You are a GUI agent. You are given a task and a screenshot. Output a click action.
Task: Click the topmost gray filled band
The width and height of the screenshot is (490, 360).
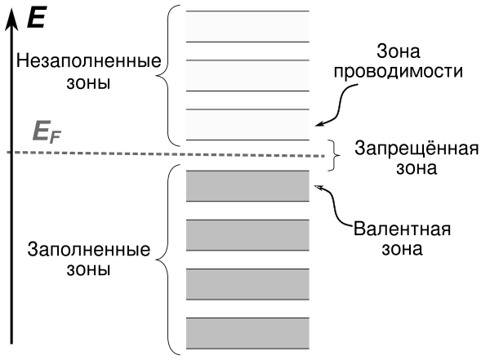coord(248,185)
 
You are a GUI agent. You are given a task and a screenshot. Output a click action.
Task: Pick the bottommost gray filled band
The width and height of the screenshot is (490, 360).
coord(248,332)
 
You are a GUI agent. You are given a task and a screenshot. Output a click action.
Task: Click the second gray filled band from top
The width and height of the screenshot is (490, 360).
coord(248,235)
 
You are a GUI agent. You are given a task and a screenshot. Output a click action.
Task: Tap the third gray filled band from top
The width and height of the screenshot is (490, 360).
coord(248,283)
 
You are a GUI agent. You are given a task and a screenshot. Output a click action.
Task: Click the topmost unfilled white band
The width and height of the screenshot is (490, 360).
coord(248,25)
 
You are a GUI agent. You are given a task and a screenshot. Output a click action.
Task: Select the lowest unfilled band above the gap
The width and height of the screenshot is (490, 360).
coord(248,124)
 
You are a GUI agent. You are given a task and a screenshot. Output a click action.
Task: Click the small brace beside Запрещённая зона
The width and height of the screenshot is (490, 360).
coord(332,155)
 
